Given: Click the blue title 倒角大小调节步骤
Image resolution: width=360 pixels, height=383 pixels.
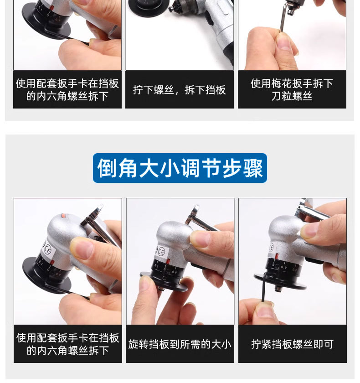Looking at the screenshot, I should [x=180, y=168].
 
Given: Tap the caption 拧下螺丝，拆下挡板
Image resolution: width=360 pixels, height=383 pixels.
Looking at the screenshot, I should [x=180, y=90].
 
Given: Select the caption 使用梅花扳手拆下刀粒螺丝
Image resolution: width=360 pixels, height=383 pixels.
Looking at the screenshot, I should [x=292, y=89].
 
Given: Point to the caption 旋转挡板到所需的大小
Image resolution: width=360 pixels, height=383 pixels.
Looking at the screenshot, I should [x=180, y=344].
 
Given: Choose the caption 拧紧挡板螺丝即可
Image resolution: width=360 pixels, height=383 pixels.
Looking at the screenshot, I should [x=292, y=344].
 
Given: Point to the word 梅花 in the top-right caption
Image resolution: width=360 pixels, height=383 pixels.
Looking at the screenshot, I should [x=286, y=83].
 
